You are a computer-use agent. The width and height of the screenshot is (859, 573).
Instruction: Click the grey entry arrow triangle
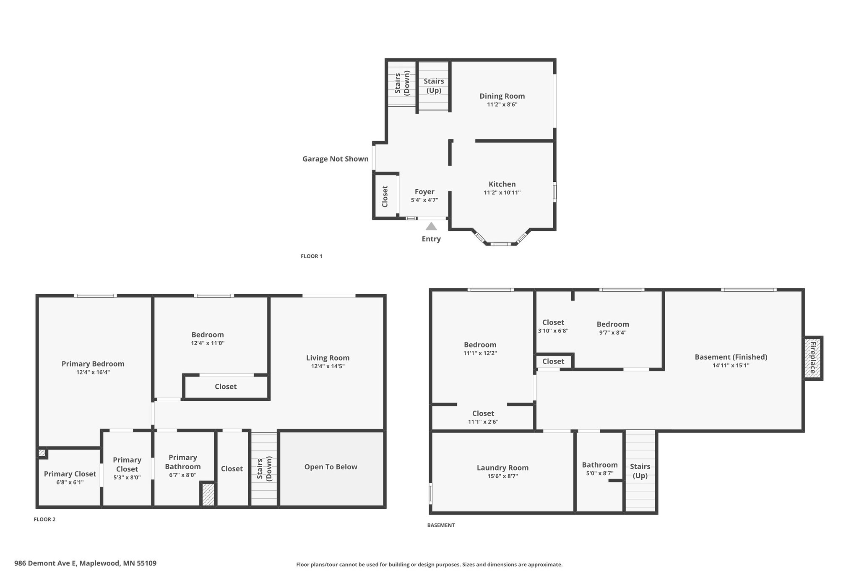point(431,226)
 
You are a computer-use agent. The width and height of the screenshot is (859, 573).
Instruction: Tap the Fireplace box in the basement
point(813,358)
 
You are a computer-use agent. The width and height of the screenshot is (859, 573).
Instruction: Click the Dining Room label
point(502,96)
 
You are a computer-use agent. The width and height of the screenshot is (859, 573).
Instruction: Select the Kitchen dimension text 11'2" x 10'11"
point(502,193)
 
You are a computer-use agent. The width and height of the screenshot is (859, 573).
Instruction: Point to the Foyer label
point(424,192)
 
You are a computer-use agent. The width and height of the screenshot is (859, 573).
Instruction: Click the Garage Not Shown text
point(336,159)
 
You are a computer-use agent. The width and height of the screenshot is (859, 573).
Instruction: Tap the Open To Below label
point(331,467)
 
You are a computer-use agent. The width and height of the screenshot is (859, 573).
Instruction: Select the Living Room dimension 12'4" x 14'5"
point(328,366)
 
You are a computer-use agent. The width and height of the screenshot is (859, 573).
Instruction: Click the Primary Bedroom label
point(93,364)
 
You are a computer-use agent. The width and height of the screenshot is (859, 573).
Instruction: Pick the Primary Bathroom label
point(183,462)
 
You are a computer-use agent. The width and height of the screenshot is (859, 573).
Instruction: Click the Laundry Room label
point(502,468)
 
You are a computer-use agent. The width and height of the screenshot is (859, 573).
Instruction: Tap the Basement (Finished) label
point(731,357)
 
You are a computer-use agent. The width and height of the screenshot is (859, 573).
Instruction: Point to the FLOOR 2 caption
point(44,519)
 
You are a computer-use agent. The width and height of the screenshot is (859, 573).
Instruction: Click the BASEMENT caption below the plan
point(441,525)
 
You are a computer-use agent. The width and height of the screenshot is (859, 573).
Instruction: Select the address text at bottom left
point(86,563)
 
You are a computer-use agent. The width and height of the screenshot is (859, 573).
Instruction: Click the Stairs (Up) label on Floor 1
point(434,86)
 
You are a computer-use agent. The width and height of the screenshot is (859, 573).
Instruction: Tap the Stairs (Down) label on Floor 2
point(264,468)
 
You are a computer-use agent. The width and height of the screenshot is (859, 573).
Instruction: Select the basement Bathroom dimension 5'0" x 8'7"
point(600,473)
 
